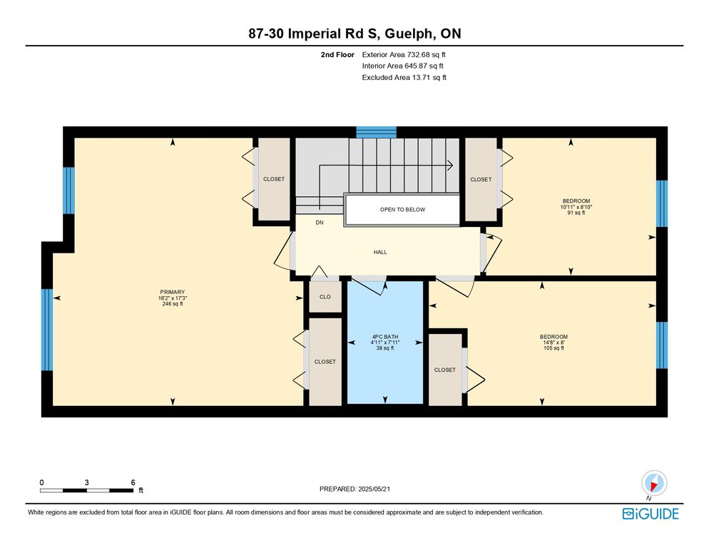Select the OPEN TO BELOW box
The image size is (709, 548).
(x=402, y=210)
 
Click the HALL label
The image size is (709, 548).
(x=380, y=252)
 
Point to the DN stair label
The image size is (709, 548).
(x=320, y=223)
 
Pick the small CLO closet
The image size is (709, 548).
(x=325, y=296)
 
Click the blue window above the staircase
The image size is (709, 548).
(x=376, y=132)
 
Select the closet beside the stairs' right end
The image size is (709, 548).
(x=481, y=180)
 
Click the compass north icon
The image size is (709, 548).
(x=654, y=483)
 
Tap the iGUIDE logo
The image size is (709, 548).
(x=651, y=514)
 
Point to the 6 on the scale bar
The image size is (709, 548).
(x=133, y=482)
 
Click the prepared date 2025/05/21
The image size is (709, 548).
(x=374, y=489)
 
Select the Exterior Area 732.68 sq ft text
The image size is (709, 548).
(x=404, y=55)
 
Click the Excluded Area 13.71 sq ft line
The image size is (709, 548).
(x=404, y=77)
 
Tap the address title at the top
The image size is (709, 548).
(x=354, y=34)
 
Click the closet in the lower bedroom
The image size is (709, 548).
(x=445, y=370)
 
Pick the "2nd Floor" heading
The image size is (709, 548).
(x=337, y=55)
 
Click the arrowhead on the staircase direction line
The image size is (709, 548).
(x=450, y=165)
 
